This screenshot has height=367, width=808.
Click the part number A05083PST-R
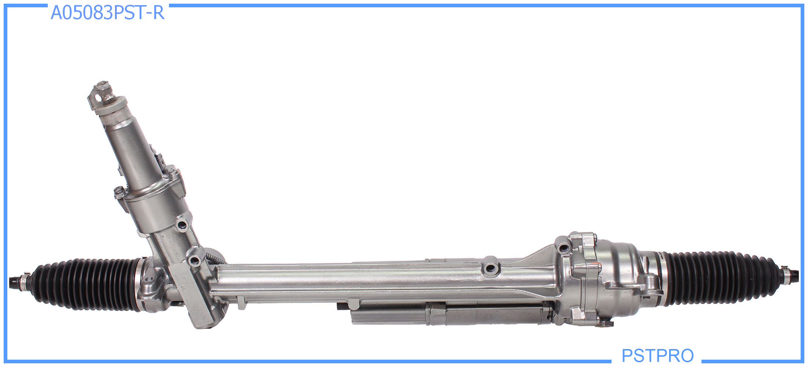click(x=107, y=13)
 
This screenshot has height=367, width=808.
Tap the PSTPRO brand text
click(x=657, y=355)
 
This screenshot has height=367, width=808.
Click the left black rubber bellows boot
click(x=86, y=285)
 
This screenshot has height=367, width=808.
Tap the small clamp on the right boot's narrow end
click(x=786, y=274)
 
